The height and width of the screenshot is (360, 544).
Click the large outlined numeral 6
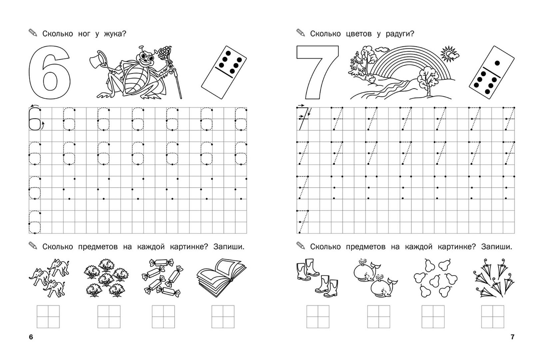coord(36,73)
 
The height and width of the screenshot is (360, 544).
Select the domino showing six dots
coord(224,72)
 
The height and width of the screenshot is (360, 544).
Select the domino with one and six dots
coord(492,72)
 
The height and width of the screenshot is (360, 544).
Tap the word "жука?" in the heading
coord(115,34)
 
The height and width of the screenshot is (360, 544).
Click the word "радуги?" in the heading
coord(400,34)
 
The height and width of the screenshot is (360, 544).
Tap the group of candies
coord(163,278)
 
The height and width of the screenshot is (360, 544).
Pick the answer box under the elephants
coord(48,316)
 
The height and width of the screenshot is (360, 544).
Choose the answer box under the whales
coord(378,316)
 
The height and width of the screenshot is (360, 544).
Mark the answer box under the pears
coord(433,316)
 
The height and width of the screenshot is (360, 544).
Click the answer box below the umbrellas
coord(492,316)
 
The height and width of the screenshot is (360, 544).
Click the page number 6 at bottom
coord(31,337)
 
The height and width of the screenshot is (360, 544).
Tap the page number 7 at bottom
coord(512,337)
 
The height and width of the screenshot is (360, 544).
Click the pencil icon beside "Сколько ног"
coord(33,33)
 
